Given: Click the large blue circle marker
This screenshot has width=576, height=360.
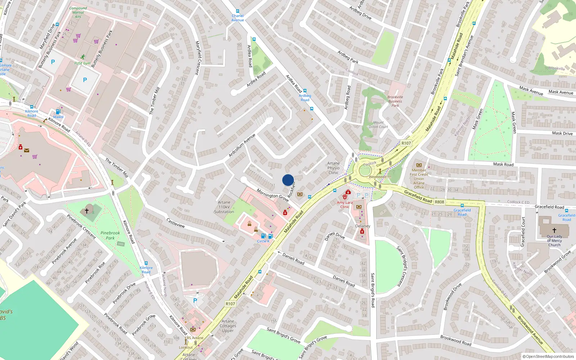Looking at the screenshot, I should (288, 180).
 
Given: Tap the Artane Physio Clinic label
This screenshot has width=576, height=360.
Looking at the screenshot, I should (333, 168).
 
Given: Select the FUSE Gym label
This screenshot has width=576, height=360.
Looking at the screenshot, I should (82, 63).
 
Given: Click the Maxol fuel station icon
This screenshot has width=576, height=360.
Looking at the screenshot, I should (58, 112).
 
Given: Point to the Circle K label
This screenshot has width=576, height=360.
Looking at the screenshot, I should (263, 241).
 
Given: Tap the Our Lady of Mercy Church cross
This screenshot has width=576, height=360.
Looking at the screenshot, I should (554, 230).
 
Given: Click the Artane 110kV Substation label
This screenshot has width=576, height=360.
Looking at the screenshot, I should (224, 207).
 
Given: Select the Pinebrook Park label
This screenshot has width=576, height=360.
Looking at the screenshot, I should (110, 235).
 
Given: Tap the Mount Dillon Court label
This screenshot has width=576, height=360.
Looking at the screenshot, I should (378, 125).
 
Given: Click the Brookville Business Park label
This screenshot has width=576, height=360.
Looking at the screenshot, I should (395, 101).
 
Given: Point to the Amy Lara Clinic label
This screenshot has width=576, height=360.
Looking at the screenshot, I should (345, 204).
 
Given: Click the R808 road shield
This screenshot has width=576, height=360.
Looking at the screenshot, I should (439, 202).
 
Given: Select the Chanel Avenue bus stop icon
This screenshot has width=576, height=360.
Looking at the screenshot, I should (238, 12).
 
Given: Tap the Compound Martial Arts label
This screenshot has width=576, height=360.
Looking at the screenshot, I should (78, 12).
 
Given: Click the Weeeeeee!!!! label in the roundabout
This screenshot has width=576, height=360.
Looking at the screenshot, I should (380, 177).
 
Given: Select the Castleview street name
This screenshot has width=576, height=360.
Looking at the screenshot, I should (176, 223).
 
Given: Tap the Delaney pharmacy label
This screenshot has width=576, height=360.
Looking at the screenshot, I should (363, 226).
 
